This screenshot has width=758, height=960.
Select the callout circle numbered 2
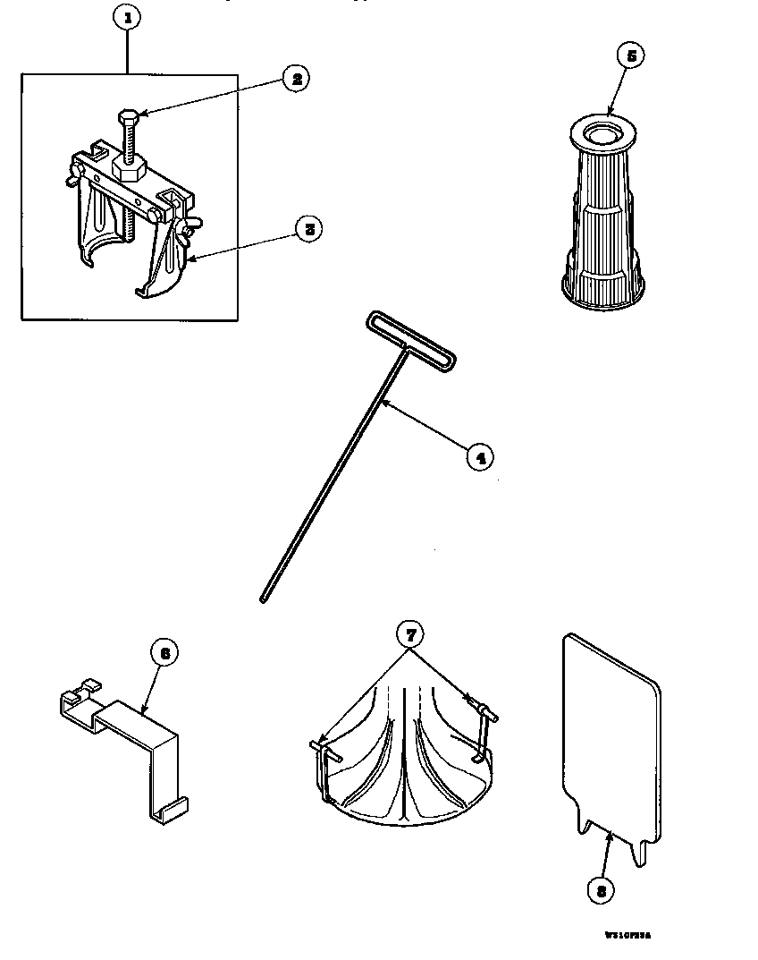[x=295, y=78]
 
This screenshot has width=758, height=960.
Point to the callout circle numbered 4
[x=479, y=456]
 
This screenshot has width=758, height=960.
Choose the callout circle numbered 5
[x=631, y=55]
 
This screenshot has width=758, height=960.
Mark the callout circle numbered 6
[x=164, y=652]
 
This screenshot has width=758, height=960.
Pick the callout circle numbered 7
[x=408, y=634]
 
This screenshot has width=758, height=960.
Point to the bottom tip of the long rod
[x=264, y=598]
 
